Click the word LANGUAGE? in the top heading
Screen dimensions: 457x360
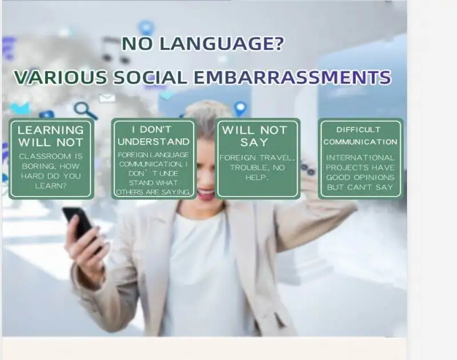[x=222, y=43]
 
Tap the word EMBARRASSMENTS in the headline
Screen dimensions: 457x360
[x=292, y=77]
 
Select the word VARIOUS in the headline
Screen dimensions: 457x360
[x=61, y=77]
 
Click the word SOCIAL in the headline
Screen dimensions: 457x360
[x=150, y=77]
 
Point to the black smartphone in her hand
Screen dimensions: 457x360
[x=79, y=224]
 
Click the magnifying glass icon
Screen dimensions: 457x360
[x=85, y=110]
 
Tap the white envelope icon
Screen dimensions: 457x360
[x=107, y=98]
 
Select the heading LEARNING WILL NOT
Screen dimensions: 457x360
[x=51, y=136]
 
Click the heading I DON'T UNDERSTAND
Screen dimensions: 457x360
[x=154, y=135]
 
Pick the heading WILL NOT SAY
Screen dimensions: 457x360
[x=255, y=136]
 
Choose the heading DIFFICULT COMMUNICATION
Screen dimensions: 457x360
[x=360, y=135]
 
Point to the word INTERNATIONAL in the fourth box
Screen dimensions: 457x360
[x=360, y=158]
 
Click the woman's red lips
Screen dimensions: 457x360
[x=206, y=194]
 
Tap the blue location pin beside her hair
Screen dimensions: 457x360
[x=240, y=109]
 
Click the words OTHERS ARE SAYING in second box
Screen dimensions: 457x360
[x=153, y=192]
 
